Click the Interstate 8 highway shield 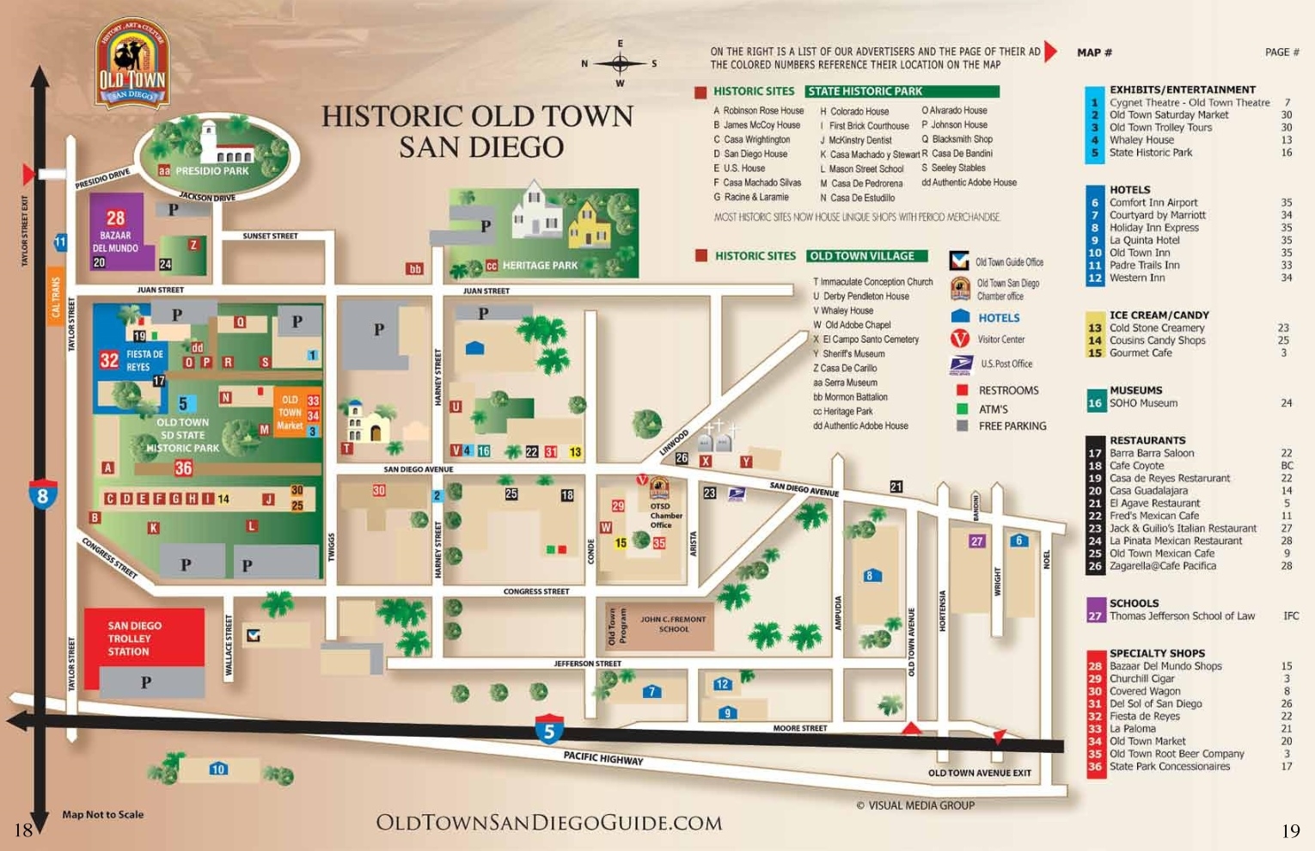(x=42, y=495)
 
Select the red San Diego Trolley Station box (x=144, y=637)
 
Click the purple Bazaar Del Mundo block (x=122, y=232)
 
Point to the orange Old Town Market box (x=290, y=413)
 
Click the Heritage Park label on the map (x=539, y=266)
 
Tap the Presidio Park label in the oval (x=211, y=171)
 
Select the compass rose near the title (x=620, y=64)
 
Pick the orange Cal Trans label (x=57, y=297)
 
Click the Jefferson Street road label (x=587, y=664)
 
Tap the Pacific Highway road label (x=603, y=758)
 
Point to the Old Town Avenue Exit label (x=979, y=773)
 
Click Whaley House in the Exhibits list (x=1141, y=140)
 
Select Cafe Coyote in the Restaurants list (x=1136, y=466)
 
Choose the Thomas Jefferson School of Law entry (x=1181, y=616)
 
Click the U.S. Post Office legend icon (x=960, y=364)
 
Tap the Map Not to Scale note (x=102, y=814)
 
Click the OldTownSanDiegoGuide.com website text (x=548, y=823)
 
